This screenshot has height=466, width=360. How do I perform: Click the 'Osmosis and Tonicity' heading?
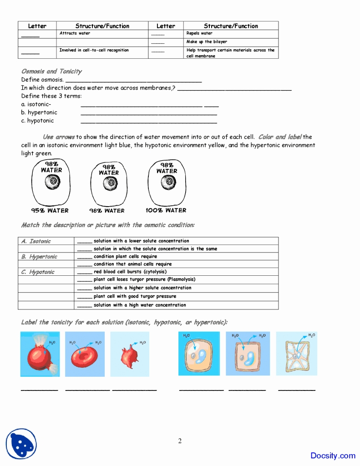[x=51, y=71]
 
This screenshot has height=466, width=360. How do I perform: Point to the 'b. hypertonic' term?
[x=39, y=112]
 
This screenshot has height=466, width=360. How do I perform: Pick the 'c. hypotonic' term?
[x=37, y=121]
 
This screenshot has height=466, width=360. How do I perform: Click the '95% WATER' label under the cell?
[x=50, y=211]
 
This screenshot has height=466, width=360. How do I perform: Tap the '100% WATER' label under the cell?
[x=166, y=211]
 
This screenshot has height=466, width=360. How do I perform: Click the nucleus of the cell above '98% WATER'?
[x=109, y=183]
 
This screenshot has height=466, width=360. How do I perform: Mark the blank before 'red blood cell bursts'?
[x=84, y=272]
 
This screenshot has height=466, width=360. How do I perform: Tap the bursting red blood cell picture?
[x=40, y=354]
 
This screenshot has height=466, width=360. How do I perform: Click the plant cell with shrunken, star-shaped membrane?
[x=296, y=354]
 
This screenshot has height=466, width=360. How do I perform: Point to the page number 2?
[x=180, y=441]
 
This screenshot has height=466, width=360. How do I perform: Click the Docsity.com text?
[x=333, y=456]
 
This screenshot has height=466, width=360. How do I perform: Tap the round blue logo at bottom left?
[x=21, y=444]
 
